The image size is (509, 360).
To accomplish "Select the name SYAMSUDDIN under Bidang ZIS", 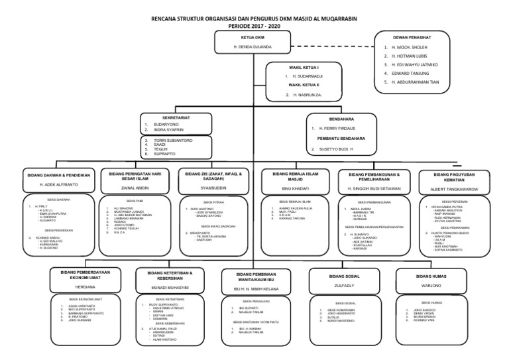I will [211, 188].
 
